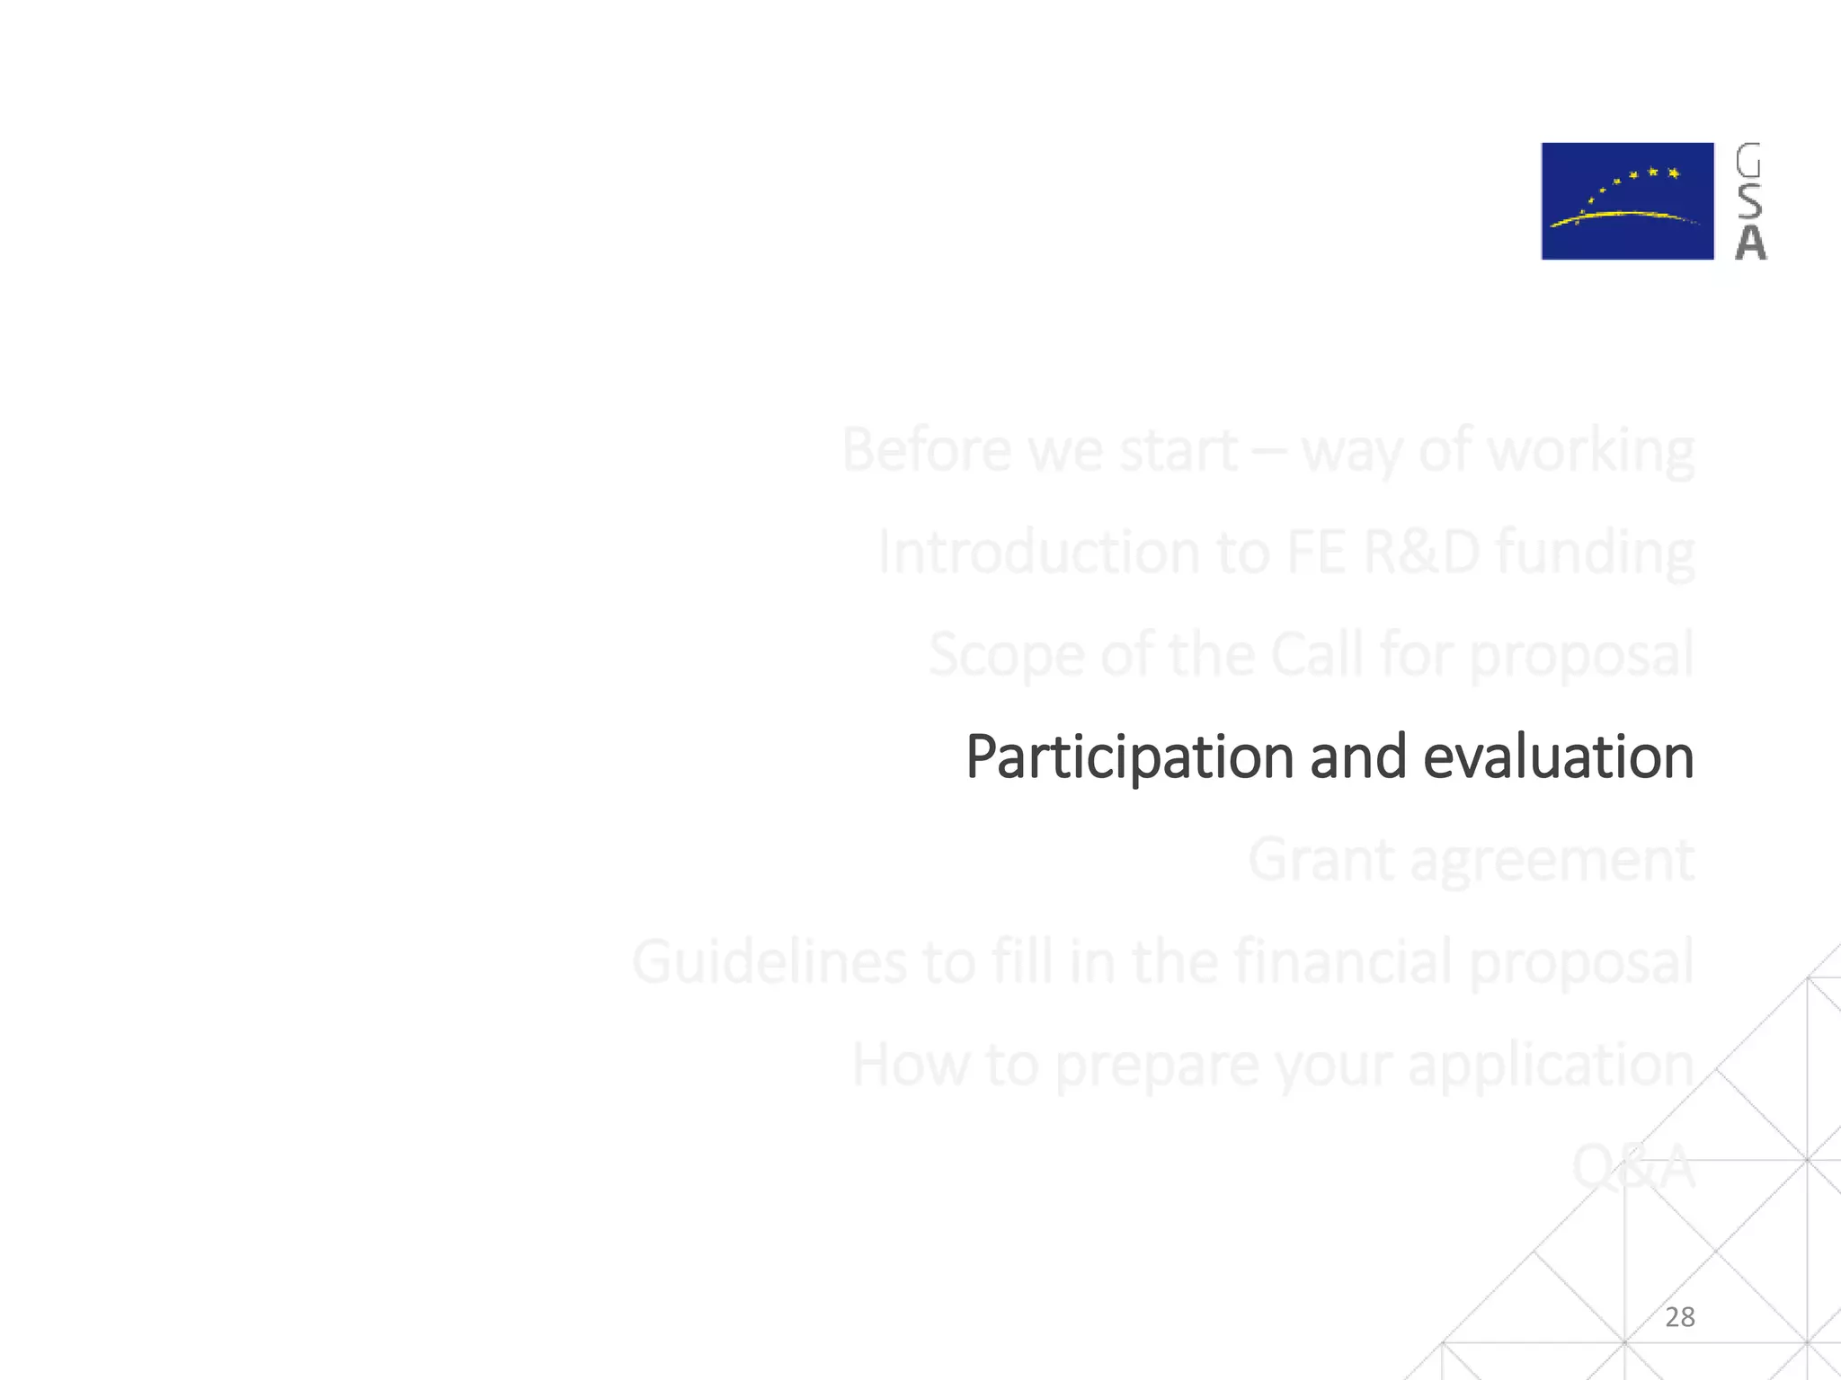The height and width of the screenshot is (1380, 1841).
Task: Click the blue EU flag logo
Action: pyautogui.click(x=1627, y=201)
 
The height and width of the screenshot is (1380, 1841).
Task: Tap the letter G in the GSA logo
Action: pyautogui.click(x=1748, y=162)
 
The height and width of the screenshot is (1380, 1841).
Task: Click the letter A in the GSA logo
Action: pyautogui.click(x=1750, y=243)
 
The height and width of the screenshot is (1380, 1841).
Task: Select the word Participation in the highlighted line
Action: pyautogui.click(x=1129, y=757)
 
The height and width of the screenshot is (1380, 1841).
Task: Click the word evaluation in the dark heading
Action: pyautogui.click(x=1558, y=757)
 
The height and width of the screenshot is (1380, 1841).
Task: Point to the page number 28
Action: pyautogui.click(x=1679, y=1317)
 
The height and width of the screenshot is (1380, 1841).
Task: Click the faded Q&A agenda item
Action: pyautogui.click(x=1632, y=1167)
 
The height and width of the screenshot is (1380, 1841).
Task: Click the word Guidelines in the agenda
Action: pyautogui.click(x=769, y=962)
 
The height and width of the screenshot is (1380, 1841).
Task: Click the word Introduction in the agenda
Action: pyautogui.click(x=1038, y=552)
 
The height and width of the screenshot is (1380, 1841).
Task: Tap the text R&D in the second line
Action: pyautogui.click(x=1420, y=552)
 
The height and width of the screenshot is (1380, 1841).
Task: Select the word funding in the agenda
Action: pyautogui.click(x=1595, y=553)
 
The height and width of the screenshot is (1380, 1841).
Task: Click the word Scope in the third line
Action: pyautogui.click(x=1006, y=656)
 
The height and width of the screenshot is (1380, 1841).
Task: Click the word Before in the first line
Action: pyautogui.click(x=925, y=449)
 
